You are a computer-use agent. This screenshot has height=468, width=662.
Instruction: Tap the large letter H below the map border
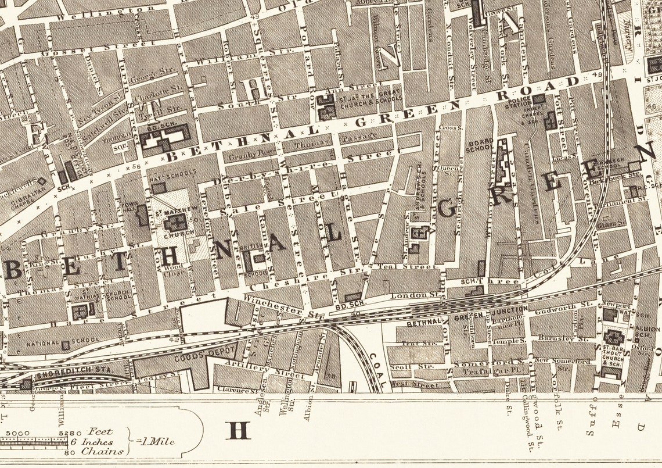(x=239, y=431)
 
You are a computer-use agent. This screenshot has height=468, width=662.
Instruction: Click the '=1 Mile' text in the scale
(x=155, y=441)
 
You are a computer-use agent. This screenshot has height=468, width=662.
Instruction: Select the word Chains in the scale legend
(x=102, y=451)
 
